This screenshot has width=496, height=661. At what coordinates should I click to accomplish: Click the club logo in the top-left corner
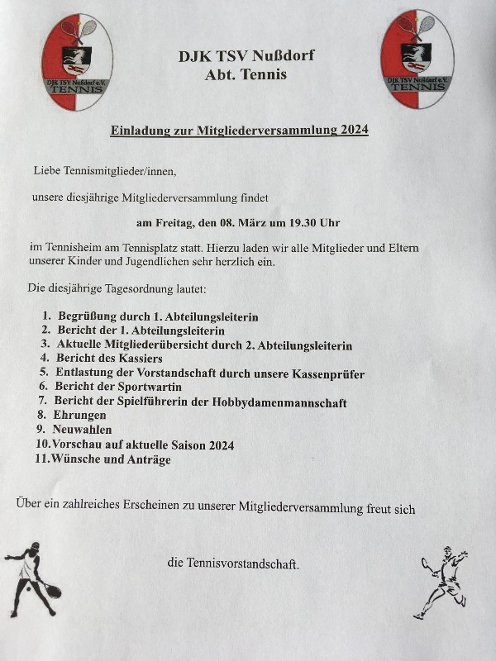click(x=76, y=62)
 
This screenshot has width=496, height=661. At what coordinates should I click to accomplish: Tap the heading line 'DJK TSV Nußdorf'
click(x=246, y=56)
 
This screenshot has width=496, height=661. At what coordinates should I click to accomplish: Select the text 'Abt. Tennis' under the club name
click(x=246, y=75)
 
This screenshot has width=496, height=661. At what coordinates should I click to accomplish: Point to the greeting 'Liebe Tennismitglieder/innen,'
click(x=105, y=171)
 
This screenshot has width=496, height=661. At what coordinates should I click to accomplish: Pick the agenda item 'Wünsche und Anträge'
click(x=111, y=459)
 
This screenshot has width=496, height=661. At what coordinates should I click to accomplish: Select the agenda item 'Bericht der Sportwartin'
click(x=117, y=387)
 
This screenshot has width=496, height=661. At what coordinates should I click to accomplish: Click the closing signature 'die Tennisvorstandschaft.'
click(x=233, y=564)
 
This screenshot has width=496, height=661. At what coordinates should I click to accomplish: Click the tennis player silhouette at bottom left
click(x=33, y=578)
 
